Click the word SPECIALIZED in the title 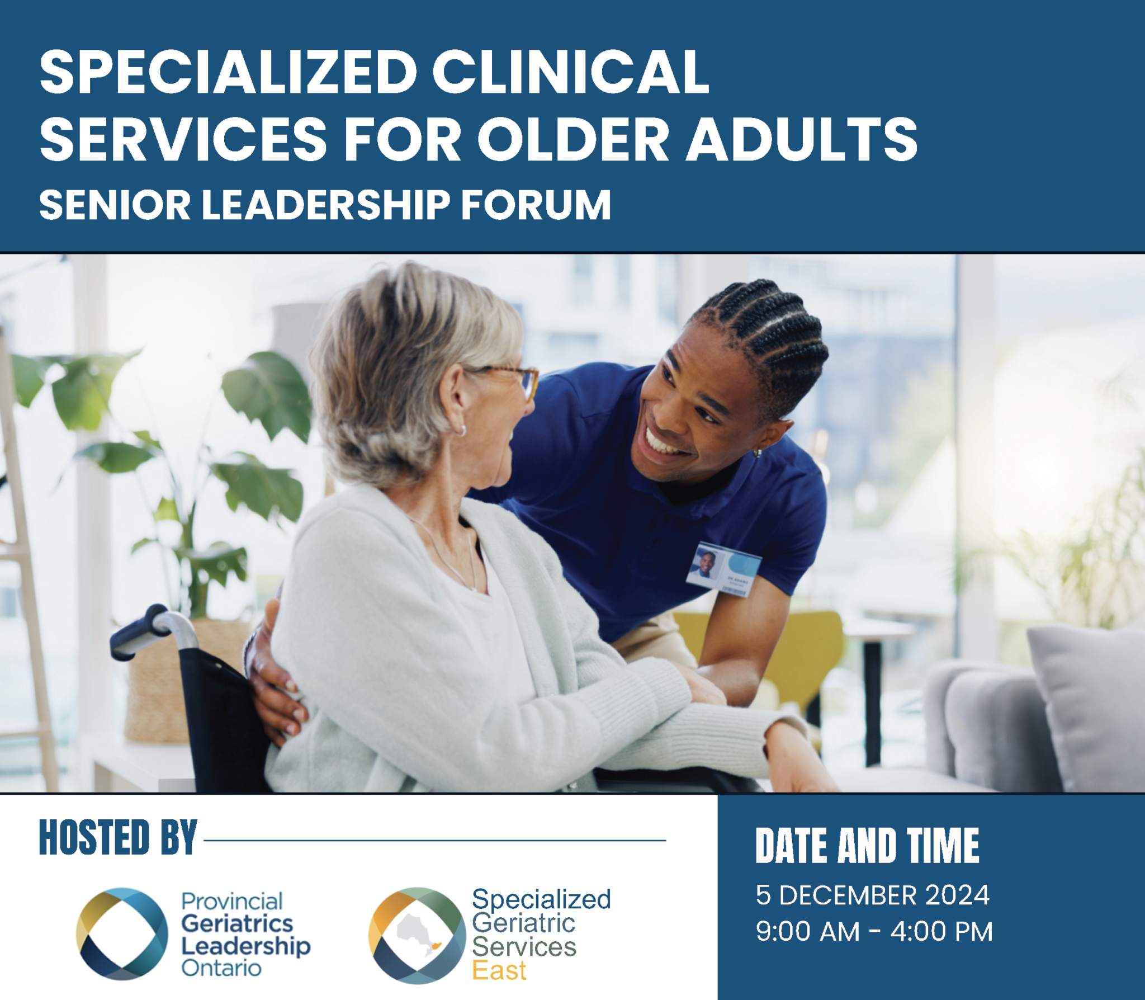[228, 72]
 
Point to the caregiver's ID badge [725, 570]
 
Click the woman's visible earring [462, 431]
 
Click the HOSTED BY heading [118, 837]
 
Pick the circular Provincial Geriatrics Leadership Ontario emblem [122, 933]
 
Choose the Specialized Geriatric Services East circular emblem [417, 935]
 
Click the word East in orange [499, 970]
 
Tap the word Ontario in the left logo [221, 968]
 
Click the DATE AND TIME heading [867, 846]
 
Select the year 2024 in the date [957, 895]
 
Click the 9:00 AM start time [807, 932]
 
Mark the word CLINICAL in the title [570, 72]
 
